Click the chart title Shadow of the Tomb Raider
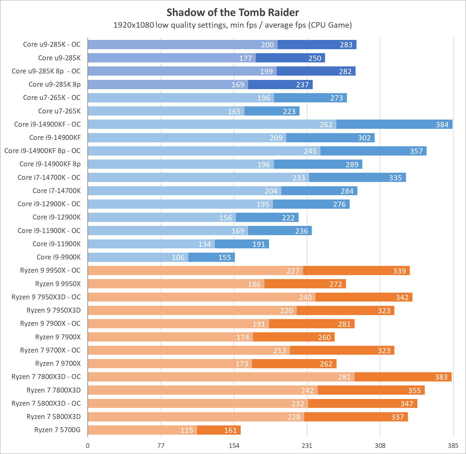(x=233, y=13)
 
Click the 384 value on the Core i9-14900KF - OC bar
(x=442, y=124)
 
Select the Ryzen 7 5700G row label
(x=57, y=430)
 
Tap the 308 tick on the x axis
(x=380, y=446)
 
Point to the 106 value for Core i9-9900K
(x=178, y=258)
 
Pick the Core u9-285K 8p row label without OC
(x=54, y=84)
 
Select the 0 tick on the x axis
(x=88, y=446)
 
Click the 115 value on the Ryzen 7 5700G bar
(x=187, y=430)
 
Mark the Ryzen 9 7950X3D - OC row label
(x=46, y=297)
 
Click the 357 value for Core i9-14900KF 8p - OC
(x=416, y=151)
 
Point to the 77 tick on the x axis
(x=161, y=446)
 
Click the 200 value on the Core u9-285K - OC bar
(x=267, y=45)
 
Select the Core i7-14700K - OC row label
(x=49, y=177)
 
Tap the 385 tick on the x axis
(x=453, y=446)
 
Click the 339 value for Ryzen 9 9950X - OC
(x=399, y=271)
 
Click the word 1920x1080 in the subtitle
(x=134, y=25)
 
